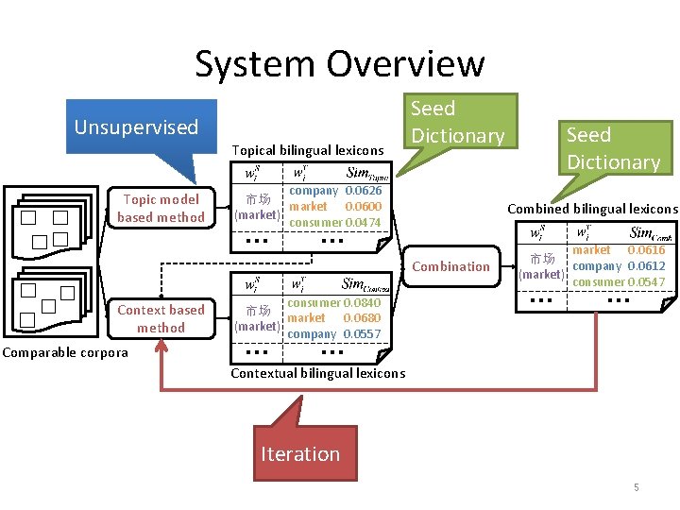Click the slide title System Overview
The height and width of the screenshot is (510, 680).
(339, 63)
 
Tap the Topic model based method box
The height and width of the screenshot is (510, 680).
(161, 208)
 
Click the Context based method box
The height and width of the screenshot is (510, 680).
(161, 318)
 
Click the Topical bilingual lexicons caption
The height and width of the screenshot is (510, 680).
(307, 150)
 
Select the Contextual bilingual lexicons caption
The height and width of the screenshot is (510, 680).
(317, 373)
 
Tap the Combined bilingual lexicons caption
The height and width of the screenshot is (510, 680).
(592, 209)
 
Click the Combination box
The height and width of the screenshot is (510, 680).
(451, 266)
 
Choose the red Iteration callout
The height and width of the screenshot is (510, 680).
(299, 453)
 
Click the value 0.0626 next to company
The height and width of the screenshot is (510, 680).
(363, 191)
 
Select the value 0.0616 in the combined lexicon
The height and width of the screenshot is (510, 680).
(646, 250)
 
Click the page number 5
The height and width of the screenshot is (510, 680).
(636, 487)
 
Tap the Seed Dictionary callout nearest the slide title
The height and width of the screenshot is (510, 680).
(459, 122)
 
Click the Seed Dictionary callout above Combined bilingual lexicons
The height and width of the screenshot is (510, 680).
(613, 148)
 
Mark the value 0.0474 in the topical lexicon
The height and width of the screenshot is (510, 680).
(363, 223)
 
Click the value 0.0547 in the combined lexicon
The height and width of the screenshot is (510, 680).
(646, 282)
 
